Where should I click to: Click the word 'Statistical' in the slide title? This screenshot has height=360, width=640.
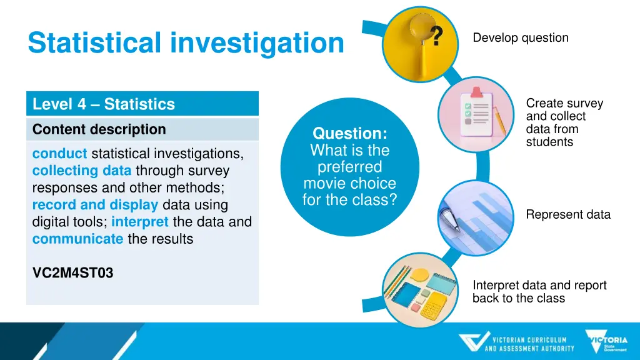pos(94,42)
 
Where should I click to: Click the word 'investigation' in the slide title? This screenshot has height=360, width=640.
pos(257,42)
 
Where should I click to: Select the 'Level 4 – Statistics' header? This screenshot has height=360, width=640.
pos(104,104)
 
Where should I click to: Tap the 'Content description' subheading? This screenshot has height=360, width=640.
pos(99,129)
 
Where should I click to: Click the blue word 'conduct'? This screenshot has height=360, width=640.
pos(59,154)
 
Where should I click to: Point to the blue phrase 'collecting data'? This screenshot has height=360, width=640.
pos(82,171)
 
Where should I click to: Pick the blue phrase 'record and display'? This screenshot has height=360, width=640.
pos(95,205)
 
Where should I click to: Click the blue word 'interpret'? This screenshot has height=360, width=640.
pos(140,222)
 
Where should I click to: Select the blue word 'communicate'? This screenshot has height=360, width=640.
pos(77,239)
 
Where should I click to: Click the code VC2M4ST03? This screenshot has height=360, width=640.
pos(72,273)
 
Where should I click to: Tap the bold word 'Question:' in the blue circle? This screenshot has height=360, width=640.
pos(349,133)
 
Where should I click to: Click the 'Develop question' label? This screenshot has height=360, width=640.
pos(521,38)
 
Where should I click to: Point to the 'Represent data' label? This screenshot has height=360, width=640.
pos(568,215)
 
